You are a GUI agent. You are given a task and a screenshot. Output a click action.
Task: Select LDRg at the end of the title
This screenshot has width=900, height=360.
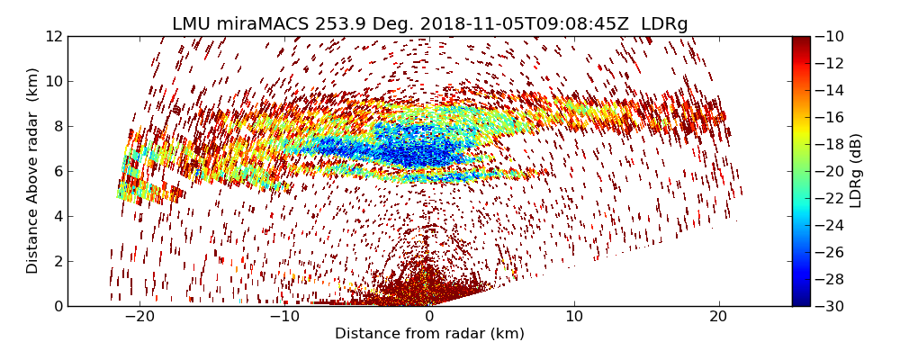coord(664,24)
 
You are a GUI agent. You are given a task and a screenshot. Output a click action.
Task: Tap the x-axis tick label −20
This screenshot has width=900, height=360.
coord(139,318)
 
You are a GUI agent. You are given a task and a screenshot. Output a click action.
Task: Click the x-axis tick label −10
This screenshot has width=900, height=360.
coord(284,318)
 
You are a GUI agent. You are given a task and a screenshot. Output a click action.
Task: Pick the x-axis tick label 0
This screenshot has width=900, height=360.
coord(429,318)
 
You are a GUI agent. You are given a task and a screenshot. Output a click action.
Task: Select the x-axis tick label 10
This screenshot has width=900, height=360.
coord(574,318)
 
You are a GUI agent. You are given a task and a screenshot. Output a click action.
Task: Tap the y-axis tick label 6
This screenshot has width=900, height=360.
coord(58,171)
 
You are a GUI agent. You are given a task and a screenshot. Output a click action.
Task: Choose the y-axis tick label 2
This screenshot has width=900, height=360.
coord(58,261)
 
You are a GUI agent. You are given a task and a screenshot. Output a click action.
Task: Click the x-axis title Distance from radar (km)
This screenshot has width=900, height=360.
coord(429,334)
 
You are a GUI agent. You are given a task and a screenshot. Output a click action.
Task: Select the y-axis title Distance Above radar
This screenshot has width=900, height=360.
coord(33,171)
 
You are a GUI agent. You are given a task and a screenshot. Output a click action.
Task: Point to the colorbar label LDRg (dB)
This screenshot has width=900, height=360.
coord(856,171)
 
